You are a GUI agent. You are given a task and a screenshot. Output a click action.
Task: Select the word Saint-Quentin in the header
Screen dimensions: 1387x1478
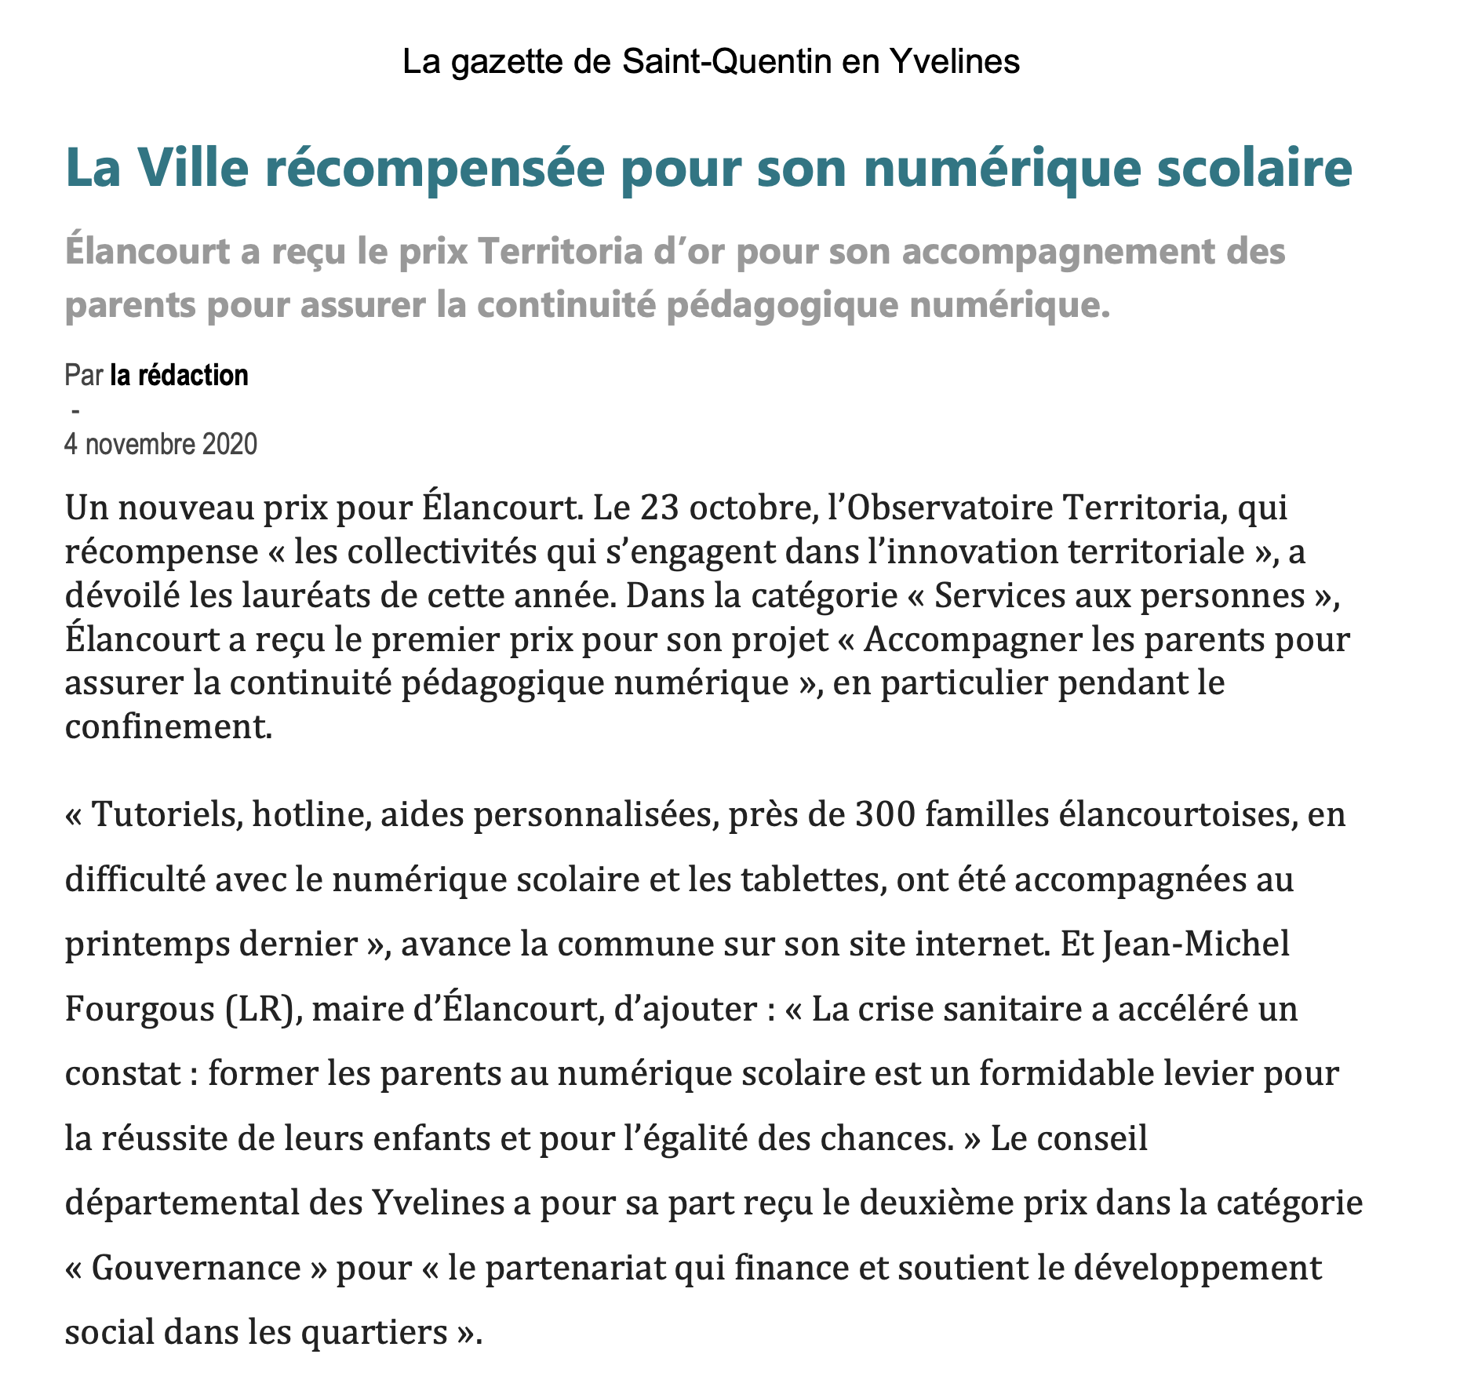(x=726, y=61)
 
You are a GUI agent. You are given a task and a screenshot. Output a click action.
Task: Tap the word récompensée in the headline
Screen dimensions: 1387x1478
(x=435, y=168)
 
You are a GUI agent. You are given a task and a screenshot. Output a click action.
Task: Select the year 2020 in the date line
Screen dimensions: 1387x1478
(x=229, y=445)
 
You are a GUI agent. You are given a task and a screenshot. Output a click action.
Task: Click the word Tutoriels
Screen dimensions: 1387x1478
(x=166, y=814)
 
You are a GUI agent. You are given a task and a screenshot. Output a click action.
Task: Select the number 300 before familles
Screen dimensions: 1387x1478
(x=885, y=814)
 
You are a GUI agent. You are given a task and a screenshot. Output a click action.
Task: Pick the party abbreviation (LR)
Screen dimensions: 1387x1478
(x=259, y=1009)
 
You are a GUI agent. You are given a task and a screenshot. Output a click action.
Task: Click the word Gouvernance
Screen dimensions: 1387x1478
(x=196, y=1268)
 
